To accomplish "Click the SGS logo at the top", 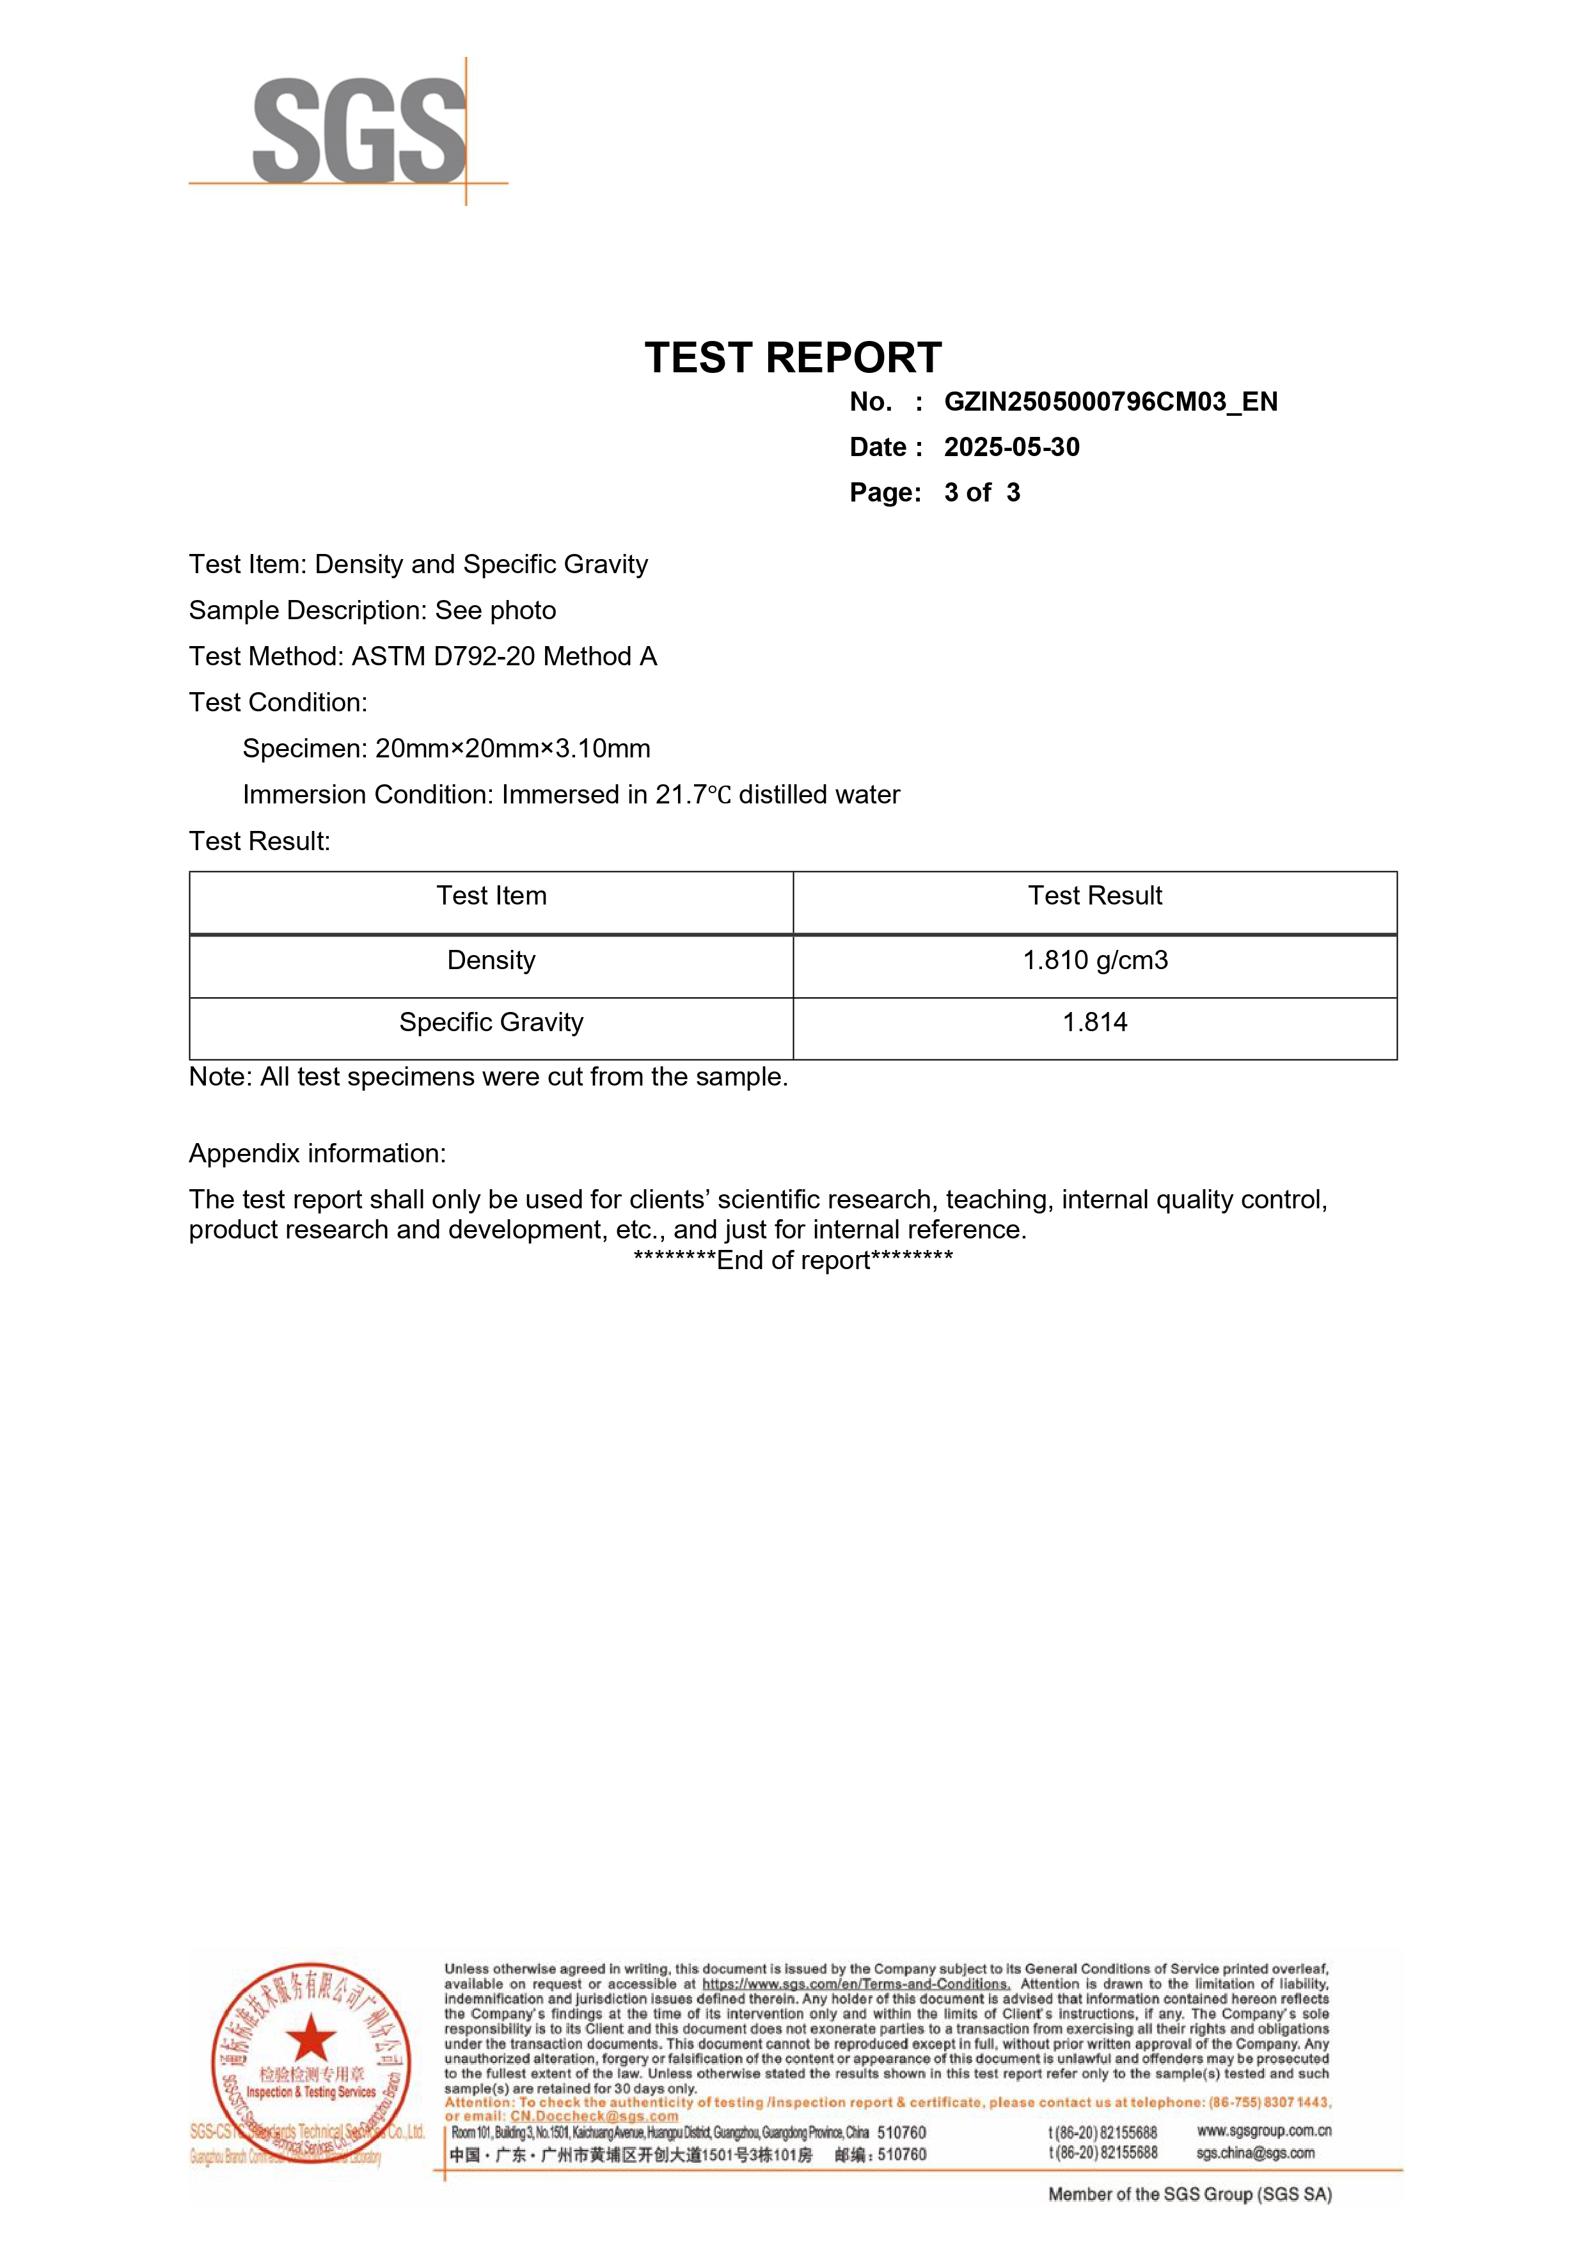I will coord(359,131).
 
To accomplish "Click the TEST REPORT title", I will coord(793,358).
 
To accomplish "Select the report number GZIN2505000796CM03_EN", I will coord(1110,402).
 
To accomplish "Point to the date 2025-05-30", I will coord(1011,448).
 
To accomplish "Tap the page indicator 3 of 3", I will coord(981,493).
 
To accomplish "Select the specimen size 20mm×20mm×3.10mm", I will coord(512,748).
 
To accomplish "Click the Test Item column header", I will coord(491,896).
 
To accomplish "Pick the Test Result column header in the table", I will coord(1094,896).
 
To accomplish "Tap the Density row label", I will coord(491,961).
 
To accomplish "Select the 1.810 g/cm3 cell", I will coord(1094,961).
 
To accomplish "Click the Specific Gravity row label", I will coord(491,1022).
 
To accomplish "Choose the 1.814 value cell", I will coord(1094,1022).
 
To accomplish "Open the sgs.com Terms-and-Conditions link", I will coord(855,1984).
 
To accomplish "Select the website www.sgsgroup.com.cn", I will coord(1263,2131).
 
